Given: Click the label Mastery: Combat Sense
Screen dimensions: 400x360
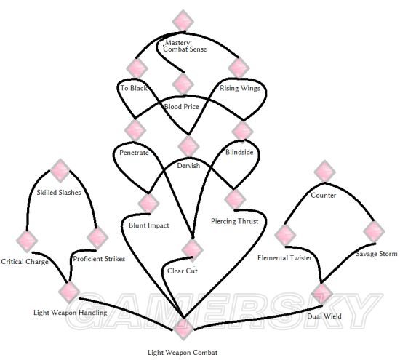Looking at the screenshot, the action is (x=185, y=46).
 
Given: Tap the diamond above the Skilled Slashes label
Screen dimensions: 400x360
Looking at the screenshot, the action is (x=60, y=170).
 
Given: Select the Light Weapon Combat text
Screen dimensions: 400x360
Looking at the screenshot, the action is (x=183, y=353).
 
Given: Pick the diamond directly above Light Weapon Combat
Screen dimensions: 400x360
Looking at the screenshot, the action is (x=183, y=329).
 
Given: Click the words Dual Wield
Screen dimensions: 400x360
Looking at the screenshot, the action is (x=324, y=316).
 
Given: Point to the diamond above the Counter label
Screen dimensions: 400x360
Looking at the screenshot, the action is (x=324, y=171).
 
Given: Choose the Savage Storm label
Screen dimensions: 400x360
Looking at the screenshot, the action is (x=377, y=254).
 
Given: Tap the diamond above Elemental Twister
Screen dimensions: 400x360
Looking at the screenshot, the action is (x=285, y=235).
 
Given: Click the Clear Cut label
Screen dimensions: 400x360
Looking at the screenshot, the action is (x=183, y=271).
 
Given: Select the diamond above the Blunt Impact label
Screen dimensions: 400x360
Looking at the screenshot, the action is (x=148, y=204).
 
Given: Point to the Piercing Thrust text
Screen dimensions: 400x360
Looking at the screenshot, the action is (x=235, y=221).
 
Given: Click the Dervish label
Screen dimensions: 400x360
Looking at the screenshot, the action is (x=188, y=166).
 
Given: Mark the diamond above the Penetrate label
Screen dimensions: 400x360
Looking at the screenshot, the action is (x=135, y=130).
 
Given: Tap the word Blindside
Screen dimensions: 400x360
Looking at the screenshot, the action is (x=239, y=152).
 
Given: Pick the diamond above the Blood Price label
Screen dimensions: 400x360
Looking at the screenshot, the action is (x=183, y=84).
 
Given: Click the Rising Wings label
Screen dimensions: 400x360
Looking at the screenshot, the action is (x=240, y=88).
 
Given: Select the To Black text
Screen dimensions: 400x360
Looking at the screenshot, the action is (x=134, y=88).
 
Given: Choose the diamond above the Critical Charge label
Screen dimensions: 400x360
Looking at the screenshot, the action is (x=27, y=241).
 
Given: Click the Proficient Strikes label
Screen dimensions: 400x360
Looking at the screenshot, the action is (x=99, y=259).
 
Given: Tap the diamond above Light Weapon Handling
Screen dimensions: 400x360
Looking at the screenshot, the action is (x=69, y=292).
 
